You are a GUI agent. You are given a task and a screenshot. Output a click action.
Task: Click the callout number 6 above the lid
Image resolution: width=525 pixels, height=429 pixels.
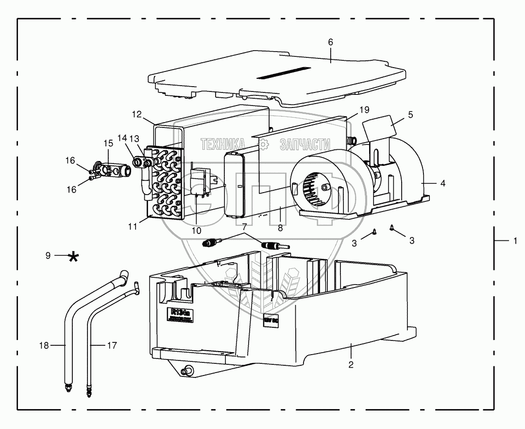pos(331,42)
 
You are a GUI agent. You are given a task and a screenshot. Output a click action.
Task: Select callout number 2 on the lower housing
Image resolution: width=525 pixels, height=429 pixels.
pos(351,364)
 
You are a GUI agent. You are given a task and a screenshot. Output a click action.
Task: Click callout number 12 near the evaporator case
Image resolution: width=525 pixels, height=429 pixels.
pos(137,115)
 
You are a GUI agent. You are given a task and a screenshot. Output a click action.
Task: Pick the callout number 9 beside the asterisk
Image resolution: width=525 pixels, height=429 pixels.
pos(49,255)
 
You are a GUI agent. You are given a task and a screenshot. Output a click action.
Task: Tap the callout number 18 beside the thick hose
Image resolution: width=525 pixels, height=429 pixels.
pos(44,345)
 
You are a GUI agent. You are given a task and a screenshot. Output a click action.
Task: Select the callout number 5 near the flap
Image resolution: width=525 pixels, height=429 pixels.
pos(410,115)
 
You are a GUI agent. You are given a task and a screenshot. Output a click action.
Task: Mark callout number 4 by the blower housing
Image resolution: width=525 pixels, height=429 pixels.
pos(442,183)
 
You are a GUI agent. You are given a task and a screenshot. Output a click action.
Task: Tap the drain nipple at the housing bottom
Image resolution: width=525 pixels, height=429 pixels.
pos(185,372)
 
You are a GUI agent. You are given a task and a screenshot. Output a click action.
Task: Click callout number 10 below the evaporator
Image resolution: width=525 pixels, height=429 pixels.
pos(196,231)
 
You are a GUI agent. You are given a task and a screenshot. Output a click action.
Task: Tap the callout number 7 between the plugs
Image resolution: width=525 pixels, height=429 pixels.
pos(244,227)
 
